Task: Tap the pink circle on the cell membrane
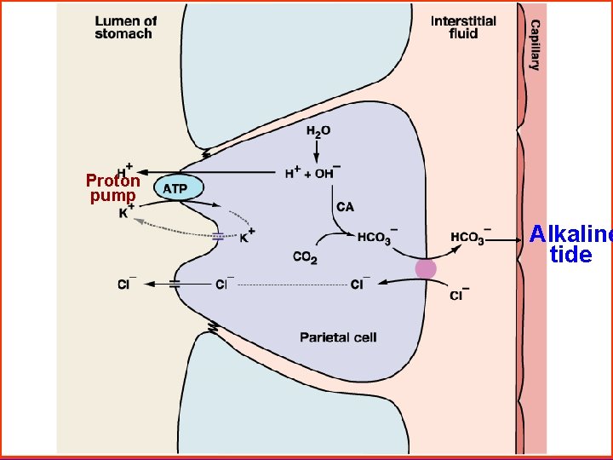tap(425, 269)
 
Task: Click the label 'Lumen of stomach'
tap(124, 27)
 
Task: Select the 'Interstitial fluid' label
tap(463, 27)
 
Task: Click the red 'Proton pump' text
tap(113, 188)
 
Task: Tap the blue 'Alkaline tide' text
tap(570, 244)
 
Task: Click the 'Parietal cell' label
tap(338, 337)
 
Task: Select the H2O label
tap(319, 131)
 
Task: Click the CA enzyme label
tap(346, 207)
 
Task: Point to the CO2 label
tap(304, 256)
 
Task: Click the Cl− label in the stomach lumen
tap(128, 285)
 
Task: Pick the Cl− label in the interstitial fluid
tap(456, 295)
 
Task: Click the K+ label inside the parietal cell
tap(247, 236)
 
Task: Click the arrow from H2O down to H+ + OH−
tap(316, 151)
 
